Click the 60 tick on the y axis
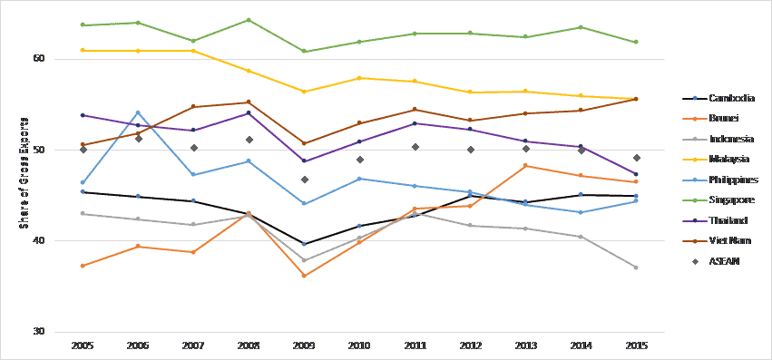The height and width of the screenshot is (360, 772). pos(39,59)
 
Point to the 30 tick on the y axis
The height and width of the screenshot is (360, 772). pos(39,331)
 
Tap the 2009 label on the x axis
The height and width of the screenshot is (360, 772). pos(304,345)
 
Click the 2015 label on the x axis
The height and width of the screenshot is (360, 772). pos(636,345)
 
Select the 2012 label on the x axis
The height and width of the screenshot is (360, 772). pos(470,345)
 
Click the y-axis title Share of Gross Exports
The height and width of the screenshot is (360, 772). pos(24,171)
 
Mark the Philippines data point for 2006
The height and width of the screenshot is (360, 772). pos(138,112)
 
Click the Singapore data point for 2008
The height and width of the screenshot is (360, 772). pos(249,20)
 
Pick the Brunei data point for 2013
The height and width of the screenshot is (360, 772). pos(526,166)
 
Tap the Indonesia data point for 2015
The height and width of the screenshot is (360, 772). pos(636,268)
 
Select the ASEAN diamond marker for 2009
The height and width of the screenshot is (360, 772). pos(304,180)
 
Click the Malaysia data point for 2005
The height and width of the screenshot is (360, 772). pos(83,50)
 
